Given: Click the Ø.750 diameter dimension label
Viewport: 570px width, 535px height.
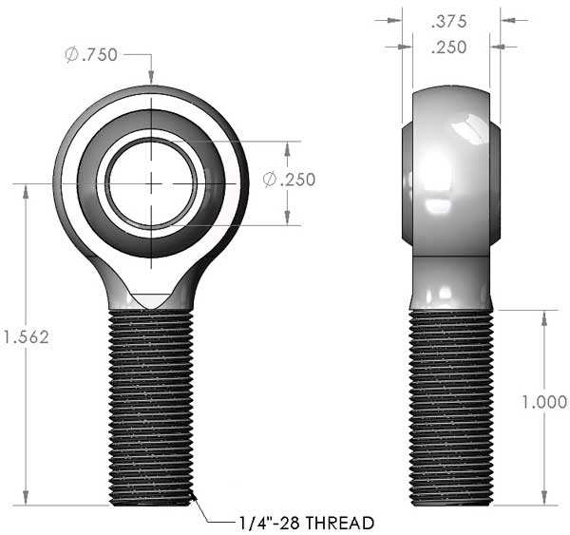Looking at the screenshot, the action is click(91, 55).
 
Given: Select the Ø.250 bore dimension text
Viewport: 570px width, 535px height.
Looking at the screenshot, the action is click(290, 180).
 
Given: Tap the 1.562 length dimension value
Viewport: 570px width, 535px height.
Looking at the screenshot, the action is click(26, 337).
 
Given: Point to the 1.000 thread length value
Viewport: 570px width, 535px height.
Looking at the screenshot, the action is click(544, 402).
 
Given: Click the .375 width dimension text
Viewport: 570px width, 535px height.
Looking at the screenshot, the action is click(448, 22).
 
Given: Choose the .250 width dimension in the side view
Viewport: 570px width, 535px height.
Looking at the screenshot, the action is click(448, 48).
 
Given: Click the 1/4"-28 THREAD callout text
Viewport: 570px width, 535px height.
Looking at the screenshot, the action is click(307, 523).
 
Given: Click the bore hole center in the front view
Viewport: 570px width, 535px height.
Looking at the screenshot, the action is click(151, 183).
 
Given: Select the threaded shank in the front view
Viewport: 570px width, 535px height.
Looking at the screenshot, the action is click(151, 408).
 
